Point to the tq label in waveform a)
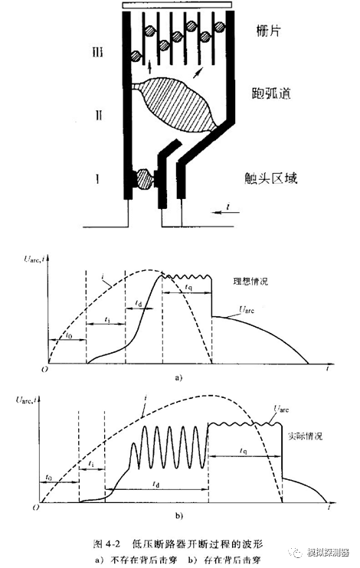188,285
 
